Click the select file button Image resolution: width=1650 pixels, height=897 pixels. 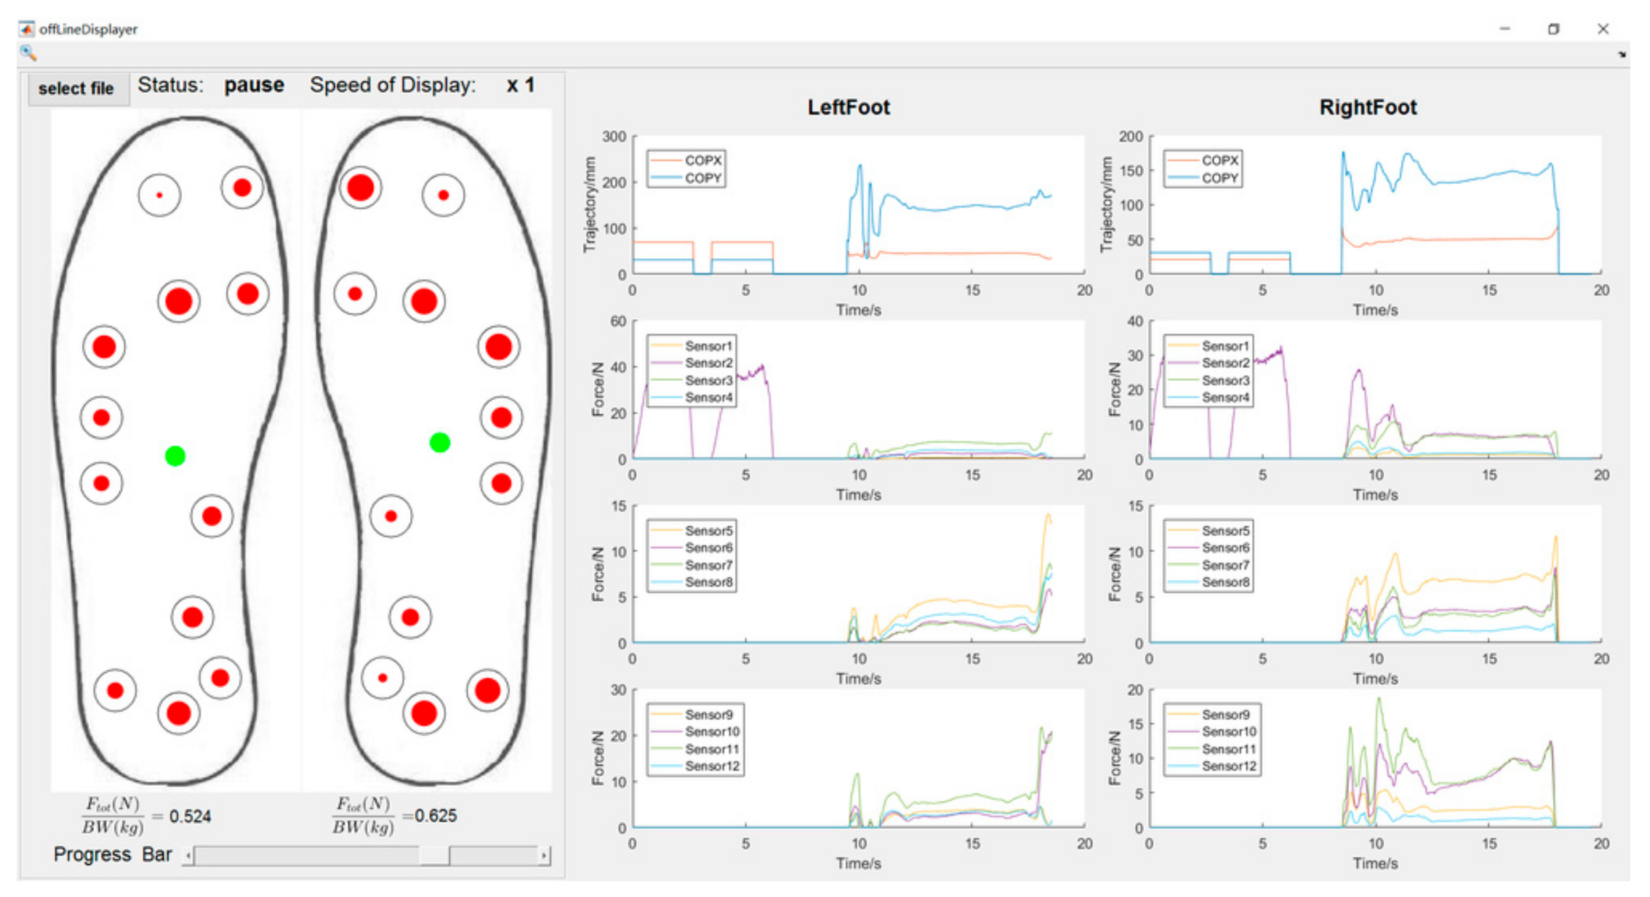76,88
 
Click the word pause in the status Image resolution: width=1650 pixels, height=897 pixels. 254,85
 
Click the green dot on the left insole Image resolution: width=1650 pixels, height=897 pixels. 175,456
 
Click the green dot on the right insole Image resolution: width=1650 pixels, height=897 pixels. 439,443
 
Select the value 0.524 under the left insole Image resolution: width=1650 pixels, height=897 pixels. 190,816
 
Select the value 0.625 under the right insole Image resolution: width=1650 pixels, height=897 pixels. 436,816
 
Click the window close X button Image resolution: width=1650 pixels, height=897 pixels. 1603,29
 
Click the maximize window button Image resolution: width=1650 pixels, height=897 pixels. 1553,29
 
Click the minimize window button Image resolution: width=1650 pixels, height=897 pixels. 1505,29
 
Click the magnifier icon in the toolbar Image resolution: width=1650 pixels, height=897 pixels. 28,53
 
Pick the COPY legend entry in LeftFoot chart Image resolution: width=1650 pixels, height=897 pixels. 703,178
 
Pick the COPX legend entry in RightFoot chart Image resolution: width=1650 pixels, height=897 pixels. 1220,160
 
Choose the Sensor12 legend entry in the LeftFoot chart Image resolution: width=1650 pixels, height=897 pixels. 712,766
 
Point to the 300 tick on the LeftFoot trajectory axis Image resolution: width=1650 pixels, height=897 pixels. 613,137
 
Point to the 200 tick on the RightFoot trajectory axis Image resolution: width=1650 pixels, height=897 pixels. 1131,137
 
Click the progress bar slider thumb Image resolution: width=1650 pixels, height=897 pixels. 434,855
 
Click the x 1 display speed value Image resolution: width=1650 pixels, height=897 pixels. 520,85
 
